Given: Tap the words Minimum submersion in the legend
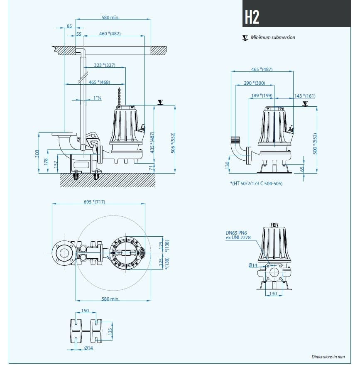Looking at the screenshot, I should [273, 37].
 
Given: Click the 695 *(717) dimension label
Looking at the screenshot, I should [94, 202].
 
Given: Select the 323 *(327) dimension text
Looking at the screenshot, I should [104, 65].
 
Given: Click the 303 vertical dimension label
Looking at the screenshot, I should [37, 154].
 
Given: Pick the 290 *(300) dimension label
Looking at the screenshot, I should [254, 83].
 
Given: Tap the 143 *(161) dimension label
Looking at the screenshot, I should [305, 96].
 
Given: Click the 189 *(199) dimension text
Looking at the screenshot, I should [262, 96].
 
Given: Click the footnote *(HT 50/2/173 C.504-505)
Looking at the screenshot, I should [256, 183].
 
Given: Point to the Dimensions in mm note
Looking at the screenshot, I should [328, 356].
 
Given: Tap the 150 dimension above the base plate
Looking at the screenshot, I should [85, 311].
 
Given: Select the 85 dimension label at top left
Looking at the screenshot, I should [69, 26].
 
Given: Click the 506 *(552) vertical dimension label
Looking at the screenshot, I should [173, 143].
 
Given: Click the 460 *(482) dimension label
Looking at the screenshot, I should [110, 33].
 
